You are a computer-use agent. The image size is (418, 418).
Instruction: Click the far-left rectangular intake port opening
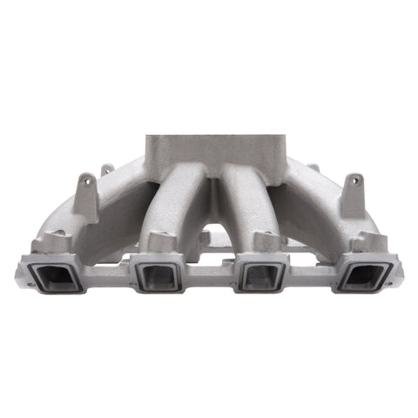57,276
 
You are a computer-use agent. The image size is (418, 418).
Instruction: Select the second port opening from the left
159,276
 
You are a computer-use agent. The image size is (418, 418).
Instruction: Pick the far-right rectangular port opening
362,276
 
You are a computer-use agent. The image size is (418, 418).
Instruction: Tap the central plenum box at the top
209,152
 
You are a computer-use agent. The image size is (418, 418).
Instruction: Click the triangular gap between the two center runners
209,228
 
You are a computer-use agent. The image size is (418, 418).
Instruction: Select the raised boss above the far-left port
58,238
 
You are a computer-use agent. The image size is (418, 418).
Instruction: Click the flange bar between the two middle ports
210,261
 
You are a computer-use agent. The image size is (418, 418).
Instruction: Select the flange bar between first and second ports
108,261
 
